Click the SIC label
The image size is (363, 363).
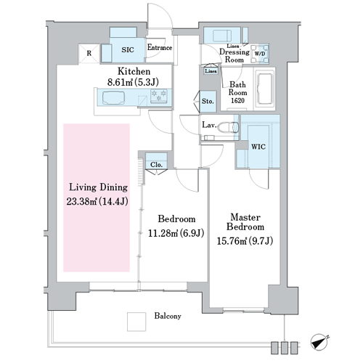click(x=128, y=50)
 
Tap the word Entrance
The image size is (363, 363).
click(x=160, y=47)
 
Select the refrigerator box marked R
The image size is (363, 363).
click(x=89, y=53)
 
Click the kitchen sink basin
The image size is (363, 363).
click(x=113, y=98)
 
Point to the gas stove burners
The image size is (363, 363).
click(x=159, y=96)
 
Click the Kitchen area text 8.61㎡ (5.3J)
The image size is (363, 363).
click(x=133, y=83)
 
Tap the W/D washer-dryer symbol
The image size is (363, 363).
click(x=260, y=54)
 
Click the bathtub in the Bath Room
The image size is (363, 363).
click(x=264, y=89)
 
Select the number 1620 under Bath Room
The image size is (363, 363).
click(x=237, y=100)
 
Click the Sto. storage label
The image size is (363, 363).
click(x=208, y=101)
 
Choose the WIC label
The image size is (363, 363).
click(x=258, y=147)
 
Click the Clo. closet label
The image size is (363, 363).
click(x=156, y=165)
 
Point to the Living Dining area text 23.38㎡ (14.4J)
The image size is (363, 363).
click(x=97, y=202)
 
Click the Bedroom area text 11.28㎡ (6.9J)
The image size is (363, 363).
click(x=176, y=233)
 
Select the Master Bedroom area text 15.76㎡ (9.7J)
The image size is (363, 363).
click(x=245, y=241)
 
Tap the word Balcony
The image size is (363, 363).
click(x=168, y=316)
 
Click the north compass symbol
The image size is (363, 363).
click(x=319, y=343)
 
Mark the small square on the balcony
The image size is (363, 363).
click(x=136, y=322)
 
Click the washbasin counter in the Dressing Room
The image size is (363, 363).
click(x=222, y=36)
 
